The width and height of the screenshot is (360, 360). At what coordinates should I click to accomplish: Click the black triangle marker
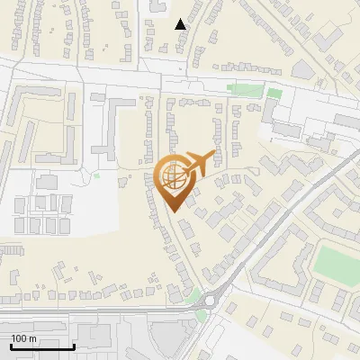(x=181, y=24)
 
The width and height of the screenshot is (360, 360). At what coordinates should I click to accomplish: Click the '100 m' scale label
(x=23, y=338)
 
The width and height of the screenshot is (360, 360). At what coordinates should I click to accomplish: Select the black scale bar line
(x=42, y=346)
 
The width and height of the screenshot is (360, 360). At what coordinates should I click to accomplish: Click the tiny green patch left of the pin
(x=96, y=176)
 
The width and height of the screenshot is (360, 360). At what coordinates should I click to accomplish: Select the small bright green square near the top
(x=274, y=91)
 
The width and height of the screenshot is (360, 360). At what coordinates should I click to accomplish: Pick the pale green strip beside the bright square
(x=242, y=88)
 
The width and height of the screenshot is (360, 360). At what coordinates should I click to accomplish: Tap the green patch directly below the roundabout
(x=202, y=315)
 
